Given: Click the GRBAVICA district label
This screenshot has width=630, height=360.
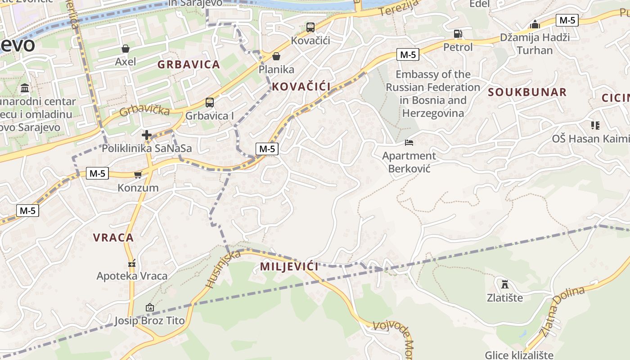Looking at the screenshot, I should coord(189,64).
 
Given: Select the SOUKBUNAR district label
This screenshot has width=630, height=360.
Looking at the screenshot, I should coord(527,92).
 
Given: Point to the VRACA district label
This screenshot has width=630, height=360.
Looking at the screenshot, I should coord(113,238).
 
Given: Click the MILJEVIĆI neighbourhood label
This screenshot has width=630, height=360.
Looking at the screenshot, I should coord(289,266).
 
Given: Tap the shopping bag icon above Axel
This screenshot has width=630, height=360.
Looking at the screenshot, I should coord(126,49).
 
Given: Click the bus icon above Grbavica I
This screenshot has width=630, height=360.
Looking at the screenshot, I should coord(209,103).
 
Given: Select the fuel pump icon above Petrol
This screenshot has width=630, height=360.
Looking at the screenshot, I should coord(458,34).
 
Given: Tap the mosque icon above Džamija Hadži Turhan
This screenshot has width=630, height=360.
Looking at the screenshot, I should coord(535,24).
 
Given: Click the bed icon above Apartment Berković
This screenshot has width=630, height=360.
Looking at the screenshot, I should coord(409,143).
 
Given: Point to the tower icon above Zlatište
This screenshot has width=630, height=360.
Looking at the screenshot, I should coord(504,284).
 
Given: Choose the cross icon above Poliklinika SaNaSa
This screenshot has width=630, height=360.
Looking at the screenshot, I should coord(147,135).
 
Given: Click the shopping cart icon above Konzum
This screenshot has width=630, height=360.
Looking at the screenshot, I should coord(138,175).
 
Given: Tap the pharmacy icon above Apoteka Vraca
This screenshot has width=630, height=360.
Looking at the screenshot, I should coord(132,263).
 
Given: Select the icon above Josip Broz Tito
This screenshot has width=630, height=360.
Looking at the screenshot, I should coord(149,308).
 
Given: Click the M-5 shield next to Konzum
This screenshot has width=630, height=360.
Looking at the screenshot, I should coord(97,173).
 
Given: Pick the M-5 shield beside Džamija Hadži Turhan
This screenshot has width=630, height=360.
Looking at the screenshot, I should coord(567,20).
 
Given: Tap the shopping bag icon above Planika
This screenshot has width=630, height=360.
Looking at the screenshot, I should coord(276,56).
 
